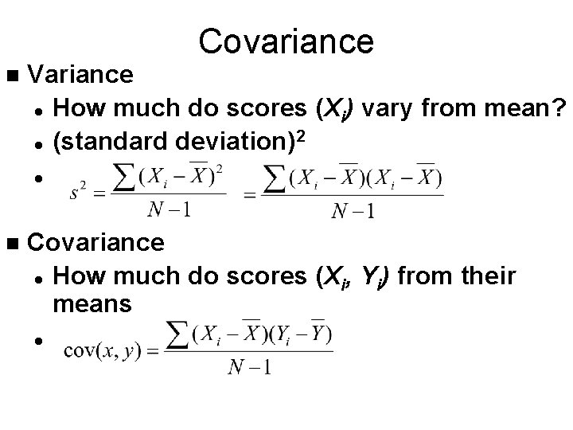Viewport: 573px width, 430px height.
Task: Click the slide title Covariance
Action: pos(286,41)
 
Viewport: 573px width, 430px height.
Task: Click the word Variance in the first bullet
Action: pos(80,75)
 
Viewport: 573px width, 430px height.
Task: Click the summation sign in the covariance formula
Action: pos(181,335)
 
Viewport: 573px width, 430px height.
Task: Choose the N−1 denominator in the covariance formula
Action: pos(250,367)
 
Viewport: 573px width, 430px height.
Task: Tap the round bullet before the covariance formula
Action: pos(37,341)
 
